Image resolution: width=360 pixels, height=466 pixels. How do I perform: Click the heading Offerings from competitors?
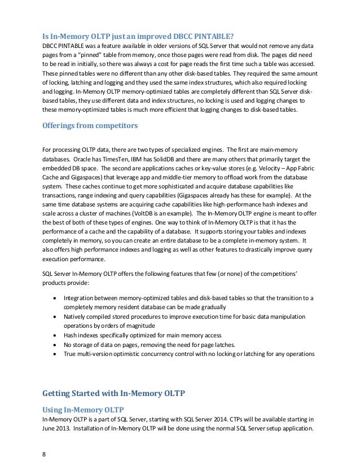coord(90,126)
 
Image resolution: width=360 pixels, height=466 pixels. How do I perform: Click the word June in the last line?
coord(50,428)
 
